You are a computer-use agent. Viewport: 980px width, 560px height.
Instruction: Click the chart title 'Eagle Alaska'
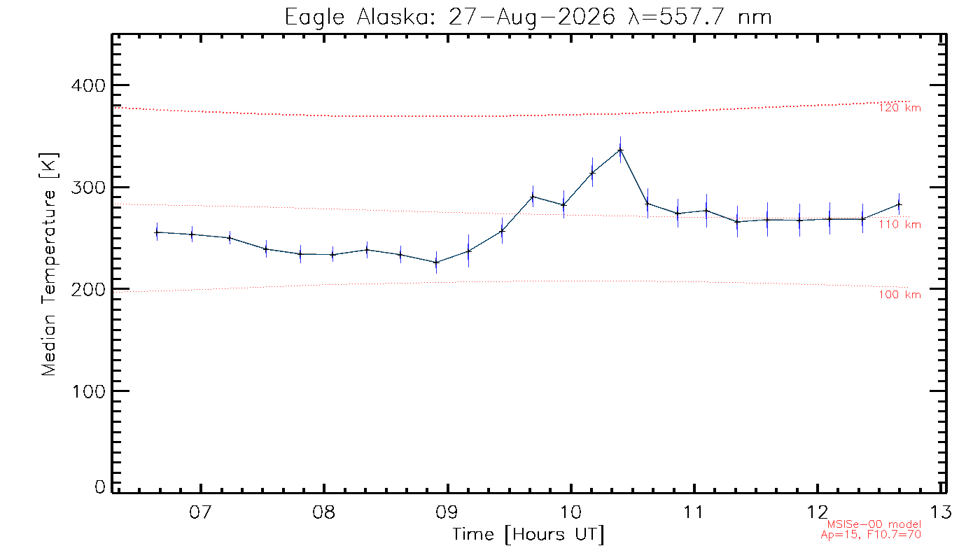(358, 18)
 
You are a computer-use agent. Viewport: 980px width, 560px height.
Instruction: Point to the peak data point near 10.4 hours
(620, 150)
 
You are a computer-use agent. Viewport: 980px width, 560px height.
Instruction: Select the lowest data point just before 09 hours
(436, 262)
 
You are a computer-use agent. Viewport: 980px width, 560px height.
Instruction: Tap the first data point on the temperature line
(157, 232)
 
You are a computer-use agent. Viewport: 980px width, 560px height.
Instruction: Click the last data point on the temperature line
(899, 204)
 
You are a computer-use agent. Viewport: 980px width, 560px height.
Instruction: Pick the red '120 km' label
(900, 108)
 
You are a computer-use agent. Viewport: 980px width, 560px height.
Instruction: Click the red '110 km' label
(900, 225)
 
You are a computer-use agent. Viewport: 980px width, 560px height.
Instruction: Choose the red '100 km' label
(900, 295)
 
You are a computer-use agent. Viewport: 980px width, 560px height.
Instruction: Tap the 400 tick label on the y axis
(88, 85)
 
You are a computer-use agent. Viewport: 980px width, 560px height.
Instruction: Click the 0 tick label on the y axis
(100, 487)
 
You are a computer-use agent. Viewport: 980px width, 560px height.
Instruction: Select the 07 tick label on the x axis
(201, 512)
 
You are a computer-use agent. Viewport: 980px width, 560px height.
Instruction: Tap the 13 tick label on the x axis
(941, 512)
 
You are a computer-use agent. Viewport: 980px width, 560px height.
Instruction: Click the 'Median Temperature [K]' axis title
(48, 265)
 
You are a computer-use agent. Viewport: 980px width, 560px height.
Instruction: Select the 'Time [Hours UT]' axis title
(528, 535)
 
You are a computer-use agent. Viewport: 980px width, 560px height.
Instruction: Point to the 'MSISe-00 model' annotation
(874, 524)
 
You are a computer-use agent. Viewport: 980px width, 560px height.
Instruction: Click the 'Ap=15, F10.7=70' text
(871, 535)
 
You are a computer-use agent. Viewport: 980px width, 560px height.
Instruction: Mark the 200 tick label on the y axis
(88, 290)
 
